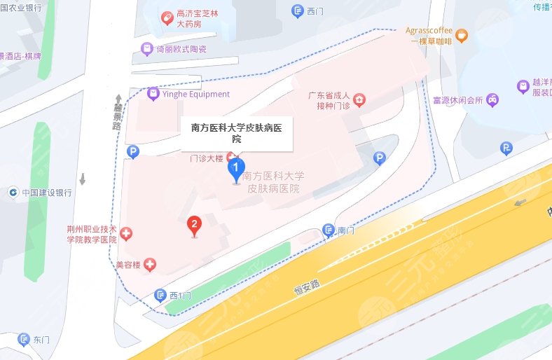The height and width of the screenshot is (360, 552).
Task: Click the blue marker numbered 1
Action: click(237, 169)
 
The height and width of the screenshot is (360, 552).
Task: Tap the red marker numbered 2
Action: click(194, 225)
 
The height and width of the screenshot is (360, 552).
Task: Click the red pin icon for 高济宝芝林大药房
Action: click(167, 18)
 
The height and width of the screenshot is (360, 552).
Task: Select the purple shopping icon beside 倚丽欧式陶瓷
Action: click(146, 49)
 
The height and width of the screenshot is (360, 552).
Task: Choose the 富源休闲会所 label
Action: click(458, 99)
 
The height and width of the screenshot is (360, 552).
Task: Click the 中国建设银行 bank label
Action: click(46, 193)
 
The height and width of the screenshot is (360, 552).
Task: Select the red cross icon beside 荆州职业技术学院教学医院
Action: click(126, 233)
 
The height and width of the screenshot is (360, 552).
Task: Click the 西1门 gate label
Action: click(180, 295)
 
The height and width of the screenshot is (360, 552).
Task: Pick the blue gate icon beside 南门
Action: click(328, 230)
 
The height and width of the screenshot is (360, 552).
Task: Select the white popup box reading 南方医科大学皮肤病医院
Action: click(236, 133)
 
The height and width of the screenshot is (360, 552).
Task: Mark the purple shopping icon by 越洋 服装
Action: click(523, 86)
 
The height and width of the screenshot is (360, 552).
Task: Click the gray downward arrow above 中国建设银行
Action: click(83, 179)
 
